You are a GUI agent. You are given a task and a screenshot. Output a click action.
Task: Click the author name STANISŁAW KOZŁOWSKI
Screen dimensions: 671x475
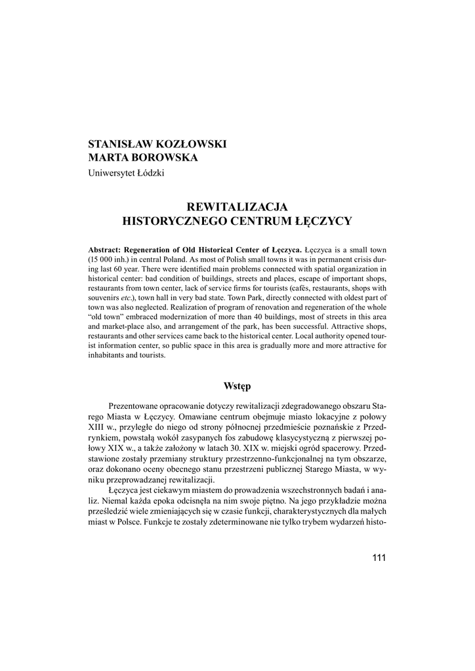pyautogui.click(x=157, y=144)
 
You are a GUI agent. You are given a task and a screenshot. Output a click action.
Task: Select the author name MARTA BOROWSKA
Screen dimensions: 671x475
pyautogui.click(x=142, y=158)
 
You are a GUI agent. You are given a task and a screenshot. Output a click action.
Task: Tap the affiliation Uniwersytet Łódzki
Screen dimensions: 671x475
pyautogui.click(x=127, y=173)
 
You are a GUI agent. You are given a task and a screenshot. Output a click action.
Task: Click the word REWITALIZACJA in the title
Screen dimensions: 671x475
pyautogui.click(x=237, y=207)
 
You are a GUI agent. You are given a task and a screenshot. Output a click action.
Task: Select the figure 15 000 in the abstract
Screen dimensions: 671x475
pyautogui.click(x=105, y=259)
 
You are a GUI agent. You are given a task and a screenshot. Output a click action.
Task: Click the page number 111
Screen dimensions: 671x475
pyautogui.click(x=379, y=558)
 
